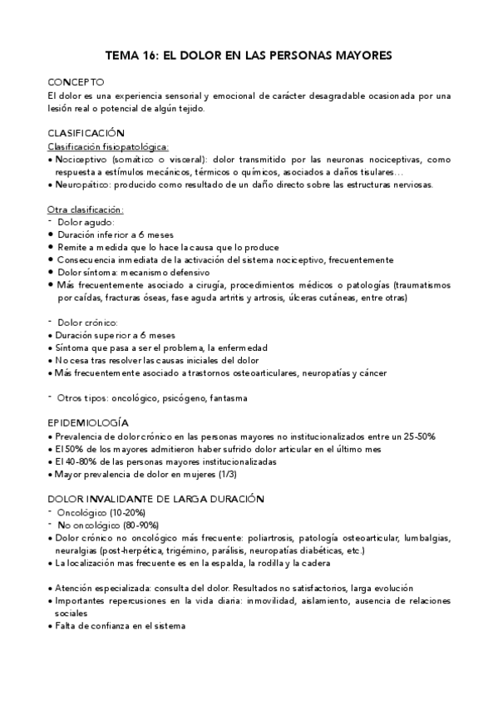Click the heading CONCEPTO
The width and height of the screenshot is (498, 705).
tap(76, 83)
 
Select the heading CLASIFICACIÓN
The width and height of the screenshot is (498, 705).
tap(86, 133)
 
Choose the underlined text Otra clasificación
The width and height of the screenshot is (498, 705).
tap(86, 210)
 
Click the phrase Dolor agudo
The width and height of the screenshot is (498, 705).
tap(86, 222)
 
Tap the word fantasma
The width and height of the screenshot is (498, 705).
tap(229, 398)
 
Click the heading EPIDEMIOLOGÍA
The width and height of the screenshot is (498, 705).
tap(87, 423)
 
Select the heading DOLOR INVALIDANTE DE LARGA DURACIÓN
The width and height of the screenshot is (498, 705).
tap(156, 499)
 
